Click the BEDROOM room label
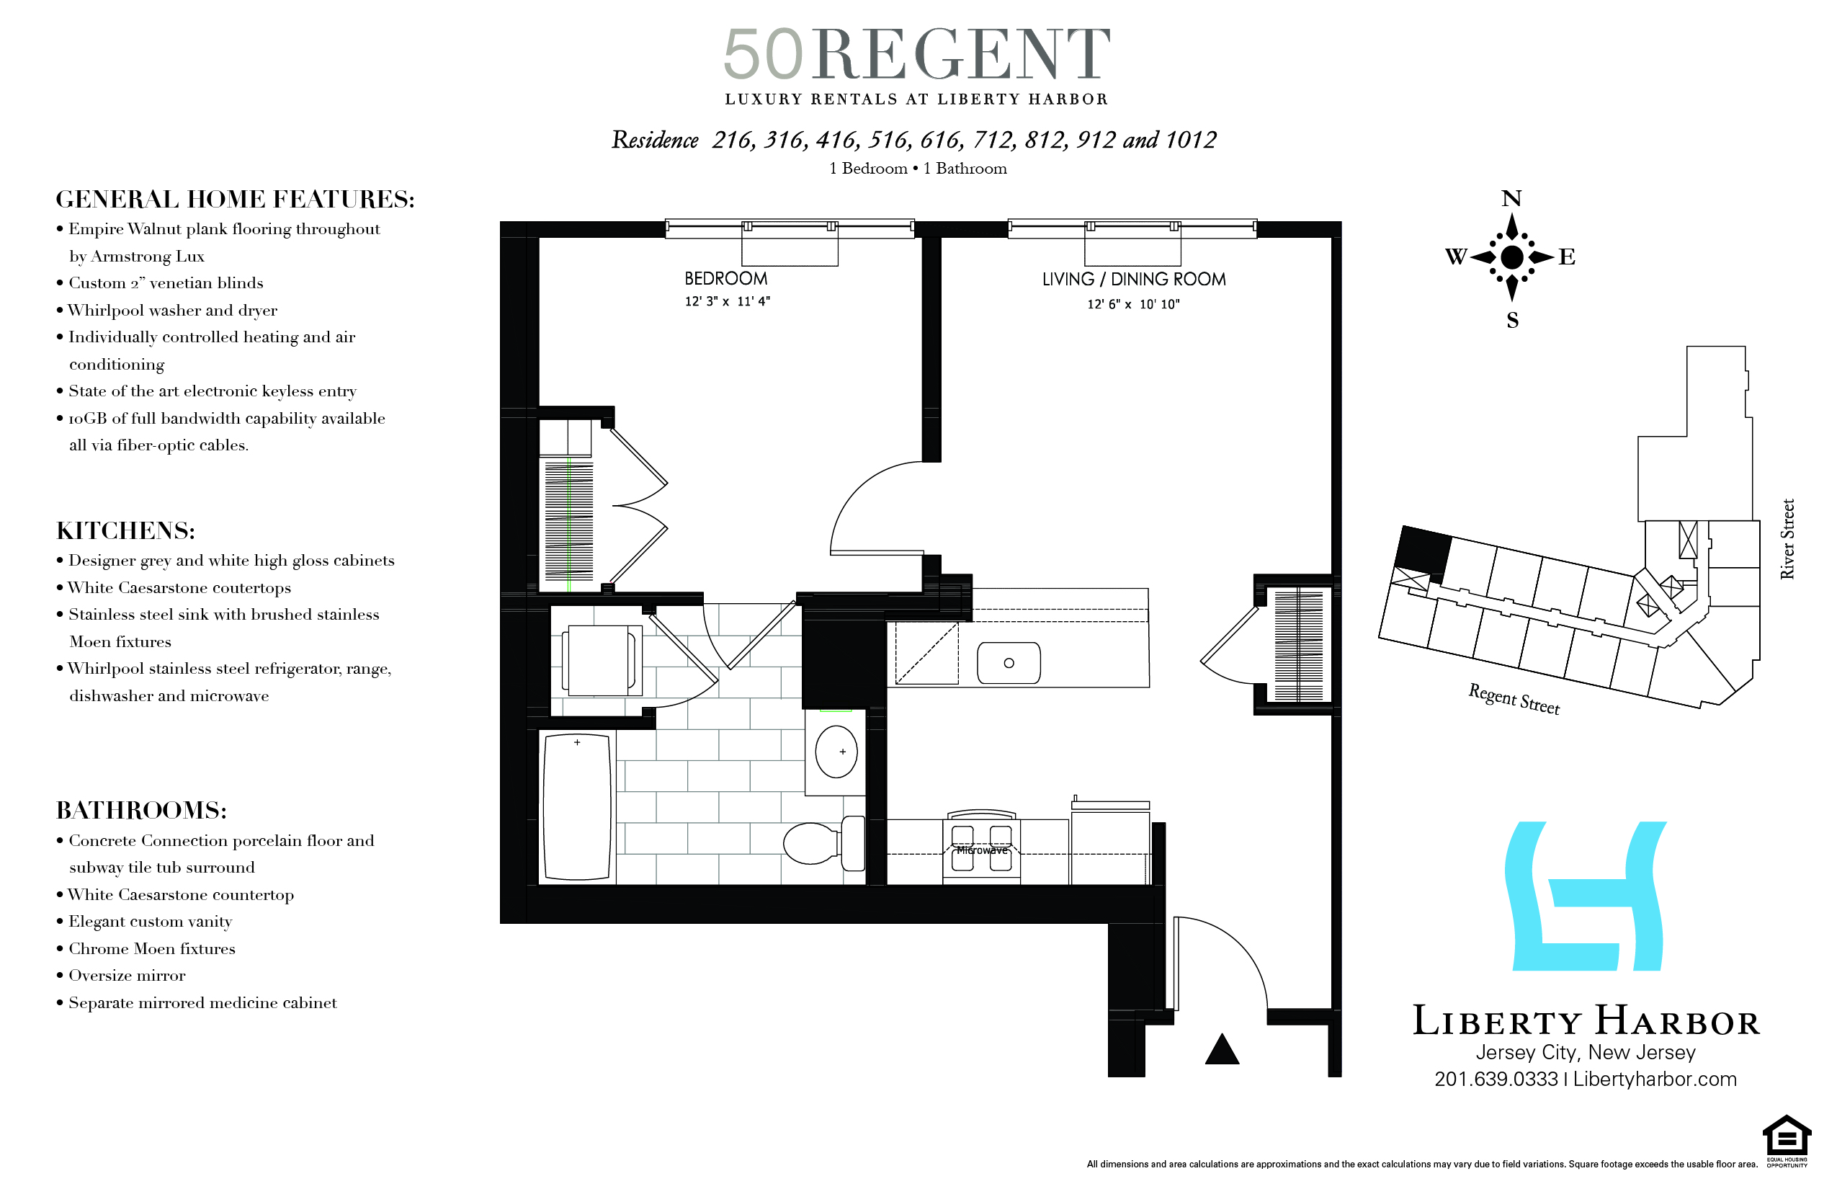click(725, 279)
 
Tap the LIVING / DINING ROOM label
click(1133, 280)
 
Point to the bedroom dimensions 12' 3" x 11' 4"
click(727, 302)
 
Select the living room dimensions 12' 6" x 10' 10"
click(1133, 304)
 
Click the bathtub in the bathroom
click(577, 807)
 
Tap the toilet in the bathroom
click(823, 843)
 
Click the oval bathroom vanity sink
click(836, 751)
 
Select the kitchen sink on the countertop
click(1008, 663)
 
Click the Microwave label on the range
click(982, 850)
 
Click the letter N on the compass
click(1511, 199)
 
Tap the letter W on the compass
click(1456, 257)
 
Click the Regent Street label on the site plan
click(1514, 700)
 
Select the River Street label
click(1787, 539)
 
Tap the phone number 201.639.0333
click(1496, 1079)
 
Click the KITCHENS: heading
click(125, 531)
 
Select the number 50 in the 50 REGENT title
click(763, 55)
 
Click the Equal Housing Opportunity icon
click(1786, 1139)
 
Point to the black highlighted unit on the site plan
click(1423, 550)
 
